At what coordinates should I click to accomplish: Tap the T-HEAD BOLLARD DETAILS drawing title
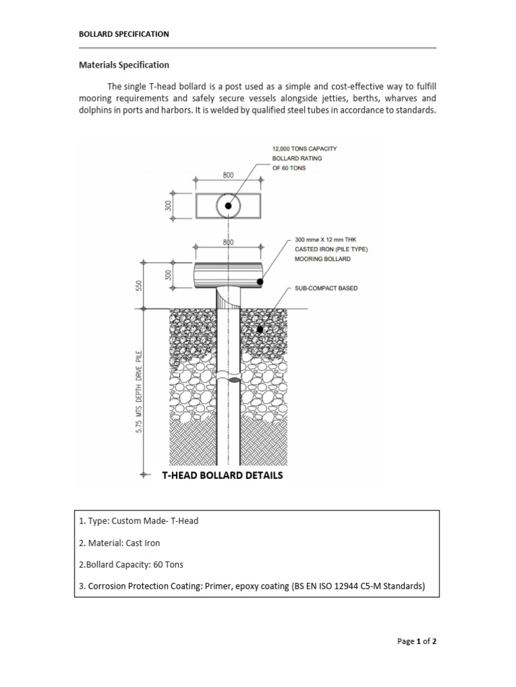222,475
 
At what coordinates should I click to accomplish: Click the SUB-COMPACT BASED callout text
326,288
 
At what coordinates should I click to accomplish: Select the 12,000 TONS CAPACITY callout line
304,148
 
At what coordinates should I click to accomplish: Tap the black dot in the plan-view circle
228,205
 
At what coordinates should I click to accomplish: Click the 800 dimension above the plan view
228,174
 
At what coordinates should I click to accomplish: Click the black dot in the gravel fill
261,329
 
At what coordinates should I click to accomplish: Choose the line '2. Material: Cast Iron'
120,543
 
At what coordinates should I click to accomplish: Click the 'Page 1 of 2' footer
417,641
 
